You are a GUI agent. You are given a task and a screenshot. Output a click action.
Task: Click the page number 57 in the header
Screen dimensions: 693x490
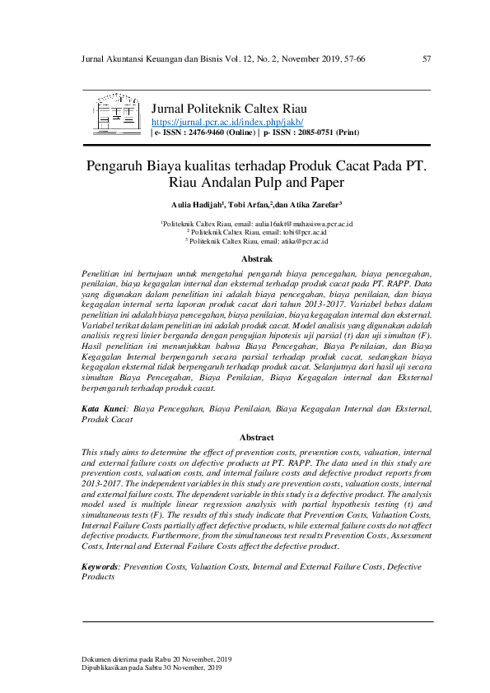click(427, 58)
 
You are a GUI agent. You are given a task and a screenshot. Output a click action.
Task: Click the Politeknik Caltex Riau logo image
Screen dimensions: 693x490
click(117, 115)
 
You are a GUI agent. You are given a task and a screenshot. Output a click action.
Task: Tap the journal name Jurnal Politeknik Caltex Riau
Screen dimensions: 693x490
click(231, 109)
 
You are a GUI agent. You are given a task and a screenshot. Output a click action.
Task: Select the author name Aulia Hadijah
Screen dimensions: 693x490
click(194, 205)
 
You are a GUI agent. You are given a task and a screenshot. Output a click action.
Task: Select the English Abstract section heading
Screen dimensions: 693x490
click(256, 438)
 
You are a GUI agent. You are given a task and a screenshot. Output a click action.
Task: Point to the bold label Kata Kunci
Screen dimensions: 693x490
click(104, 408)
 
